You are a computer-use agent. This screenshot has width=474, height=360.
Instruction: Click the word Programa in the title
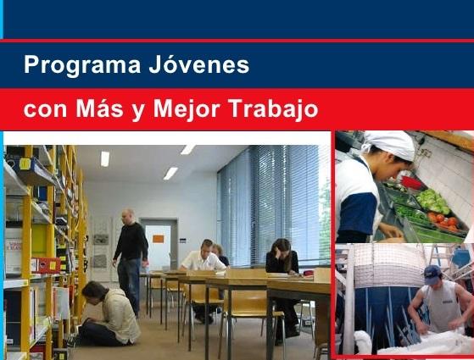pos(82,65)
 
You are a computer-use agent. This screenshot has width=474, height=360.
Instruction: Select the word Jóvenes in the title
pos(199,64)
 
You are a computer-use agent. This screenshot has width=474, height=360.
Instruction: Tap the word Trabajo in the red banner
pos(274,109)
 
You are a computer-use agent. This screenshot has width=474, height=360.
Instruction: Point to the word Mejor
pos(187,109)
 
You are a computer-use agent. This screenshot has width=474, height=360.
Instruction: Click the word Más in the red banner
pos(99,108)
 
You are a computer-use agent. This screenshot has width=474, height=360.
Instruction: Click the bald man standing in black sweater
pos(130,261)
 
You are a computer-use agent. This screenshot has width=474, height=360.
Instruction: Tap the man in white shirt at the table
pos(203,256)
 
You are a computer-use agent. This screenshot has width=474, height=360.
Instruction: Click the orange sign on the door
pos(158,239)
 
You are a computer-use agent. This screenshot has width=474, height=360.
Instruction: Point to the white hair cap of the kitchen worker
pos(390,145)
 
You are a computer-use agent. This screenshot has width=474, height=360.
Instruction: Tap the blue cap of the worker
pos(432,274)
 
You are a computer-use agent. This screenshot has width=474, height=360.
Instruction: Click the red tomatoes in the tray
pos(443,220)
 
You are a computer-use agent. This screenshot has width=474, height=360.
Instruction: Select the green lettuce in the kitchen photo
pos(433,200)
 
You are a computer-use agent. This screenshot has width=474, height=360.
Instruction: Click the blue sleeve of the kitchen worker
pos(358,213)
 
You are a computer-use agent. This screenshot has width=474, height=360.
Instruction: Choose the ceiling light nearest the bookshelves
pos(105,159)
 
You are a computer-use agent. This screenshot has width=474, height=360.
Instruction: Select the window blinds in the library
pos(269,204)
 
